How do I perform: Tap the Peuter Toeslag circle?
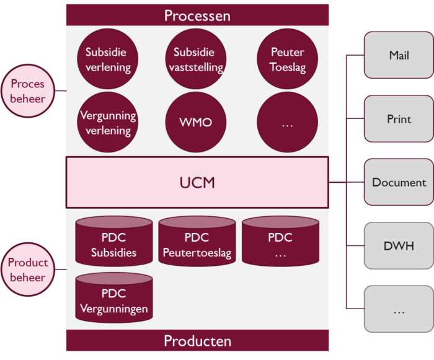tap(288, 59)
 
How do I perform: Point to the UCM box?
tap(197, 182)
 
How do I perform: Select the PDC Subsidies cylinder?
tap(113, 242)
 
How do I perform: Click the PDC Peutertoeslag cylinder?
tap(197, 242)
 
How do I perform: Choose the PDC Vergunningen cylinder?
tap(113, 298)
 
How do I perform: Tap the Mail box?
tap(399, 55)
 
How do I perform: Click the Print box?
tap(399, 119)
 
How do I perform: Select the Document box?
tap(399, 182)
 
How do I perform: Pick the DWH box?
tap(399, 246)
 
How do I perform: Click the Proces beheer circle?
tap(28, 91)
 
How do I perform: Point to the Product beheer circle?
tap(28, 270)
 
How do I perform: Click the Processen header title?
tap(197, 15)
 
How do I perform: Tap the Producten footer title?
tap(197, 341)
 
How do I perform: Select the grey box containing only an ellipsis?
tap(399, 309)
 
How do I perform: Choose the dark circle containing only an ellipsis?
tap(288, 123)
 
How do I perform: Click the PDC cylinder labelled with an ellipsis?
tap(280, 242)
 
